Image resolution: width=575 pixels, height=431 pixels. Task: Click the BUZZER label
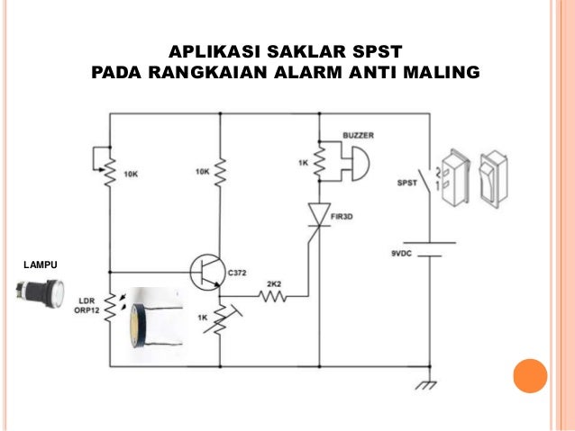358,135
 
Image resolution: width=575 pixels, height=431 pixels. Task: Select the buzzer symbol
355,163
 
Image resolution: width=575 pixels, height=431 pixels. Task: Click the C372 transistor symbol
208,270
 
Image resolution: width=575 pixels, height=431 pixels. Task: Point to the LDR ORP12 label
87,305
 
